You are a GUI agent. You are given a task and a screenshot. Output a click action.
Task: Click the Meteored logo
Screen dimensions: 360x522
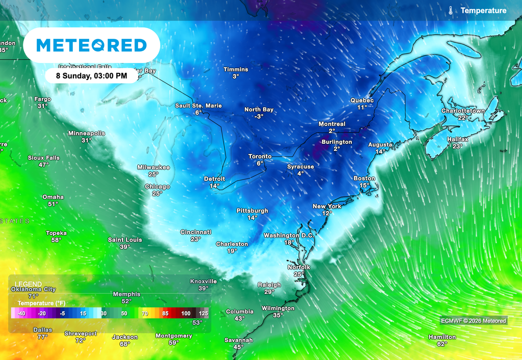pyautogui.click(x=92, y=45)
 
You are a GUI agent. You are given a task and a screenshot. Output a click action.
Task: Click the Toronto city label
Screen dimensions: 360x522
pyautogui.click(x=260, y=156)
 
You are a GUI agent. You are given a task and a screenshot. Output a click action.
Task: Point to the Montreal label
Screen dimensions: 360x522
pyautogui.click(x=332, y=124)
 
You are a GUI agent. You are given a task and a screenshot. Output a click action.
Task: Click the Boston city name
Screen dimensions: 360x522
pyautogui.click(x=364, y=178)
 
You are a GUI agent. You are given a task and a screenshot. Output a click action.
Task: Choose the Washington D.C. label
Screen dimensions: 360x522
pyautogui.click(x=289, y=236)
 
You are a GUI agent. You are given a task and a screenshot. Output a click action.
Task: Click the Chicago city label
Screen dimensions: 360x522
pyautogui.click(x=157, y=187)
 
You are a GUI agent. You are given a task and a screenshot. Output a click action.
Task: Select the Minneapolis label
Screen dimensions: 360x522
pyautogui.click(x=87, y=133)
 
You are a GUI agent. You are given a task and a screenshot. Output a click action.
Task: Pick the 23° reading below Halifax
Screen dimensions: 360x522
pyautogui.click(x=457, y=146)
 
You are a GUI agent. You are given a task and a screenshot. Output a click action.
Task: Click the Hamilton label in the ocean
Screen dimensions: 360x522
pyautogui.click(x=442, y=337)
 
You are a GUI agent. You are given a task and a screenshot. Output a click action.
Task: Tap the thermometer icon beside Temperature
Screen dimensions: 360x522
pyautogui.click(x=451, y=10)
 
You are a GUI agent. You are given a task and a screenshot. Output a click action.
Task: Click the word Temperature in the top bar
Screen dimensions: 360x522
pyautogui.click(x=483, y=10)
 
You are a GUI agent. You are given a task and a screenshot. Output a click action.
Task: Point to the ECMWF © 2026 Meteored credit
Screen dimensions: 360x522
pyautogui.click(x=474, y=321)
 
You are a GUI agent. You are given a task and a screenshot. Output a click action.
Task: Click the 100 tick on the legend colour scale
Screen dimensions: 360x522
pyautogui.click(x=186, y=314)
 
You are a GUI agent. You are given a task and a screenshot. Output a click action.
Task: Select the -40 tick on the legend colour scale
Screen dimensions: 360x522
pyautogui.click(x=21, y=314)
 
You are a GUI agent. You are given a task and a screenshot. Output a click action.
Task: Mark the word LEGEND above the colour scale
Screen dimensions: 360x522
pyautogui.click(x=29, y=284)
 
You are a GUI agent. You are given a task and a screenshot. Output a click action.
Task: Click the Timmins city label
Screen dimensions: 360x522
pyautogui.click(x=236, y=69)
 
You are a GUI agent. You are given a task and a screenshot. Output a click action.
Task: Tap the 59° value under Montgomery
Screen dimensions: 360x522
pyautogui.click(x=174, y=343)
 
